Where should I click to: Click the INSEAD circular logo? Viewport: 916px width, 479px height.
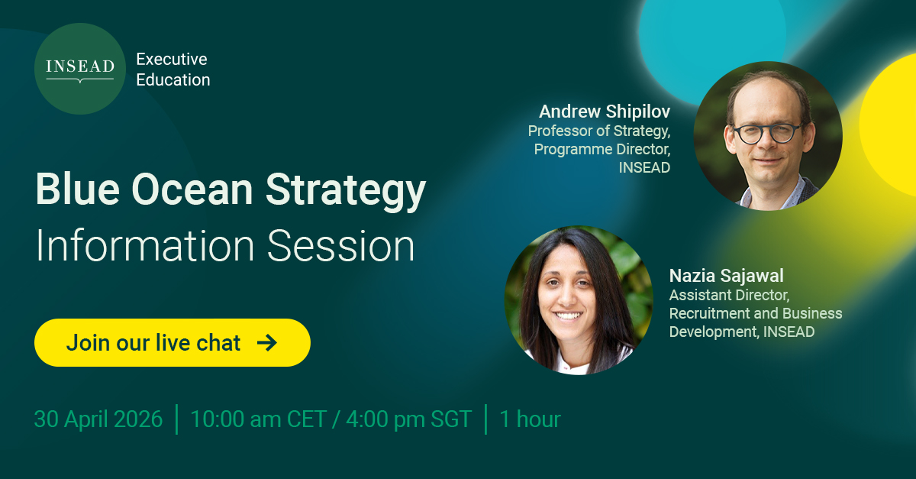click(80, 69)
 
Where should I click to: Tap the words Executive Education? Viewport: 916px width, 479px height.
click(173, 70)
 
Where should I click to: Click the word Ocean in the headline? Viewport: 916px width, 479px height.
click(192, 189)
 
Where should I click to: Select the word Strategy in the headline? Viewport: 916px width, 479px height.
click(346, 192)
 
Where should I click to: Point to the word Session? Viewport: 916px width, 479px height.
click(341, 246)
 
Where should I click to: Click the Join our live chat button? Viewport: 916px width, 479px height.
click(173, 343)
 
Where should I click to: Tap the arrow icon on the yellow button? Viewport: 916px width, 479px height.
click(267, 343)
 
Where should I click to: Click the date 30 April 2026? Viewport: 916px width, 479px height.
click(98, 419)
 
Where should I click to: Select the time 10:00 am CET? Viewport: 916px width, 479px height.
click(259, 419)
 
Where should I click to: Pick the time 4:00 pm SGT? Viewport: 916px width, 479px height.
click(409, 419)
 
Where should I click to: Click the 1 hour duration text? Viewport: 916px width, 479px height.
click(530, 419)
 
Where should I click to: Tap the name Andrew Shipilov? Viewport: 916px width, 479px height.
click(605, 112)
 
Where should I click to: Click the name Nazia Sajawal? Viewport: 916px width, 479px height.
click(726, 276)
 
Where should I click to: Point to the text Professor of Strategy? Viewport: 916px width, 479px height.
click(599, 131)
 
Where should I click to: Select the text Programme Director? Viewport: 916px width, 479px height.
click(602, 150)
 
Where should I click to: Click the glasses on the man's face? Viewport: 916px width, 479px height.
click(766, 134)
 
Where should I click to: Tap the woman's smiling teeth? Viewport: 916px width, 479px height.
click(568, 316)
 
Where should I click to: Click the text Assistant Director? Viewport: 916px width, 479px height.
click(730, 295)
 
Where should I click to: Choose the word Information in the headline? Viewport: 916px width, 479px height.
click(145, 246)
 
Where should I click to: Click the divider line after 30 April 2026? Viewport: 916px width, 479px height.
click(176, 419)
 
